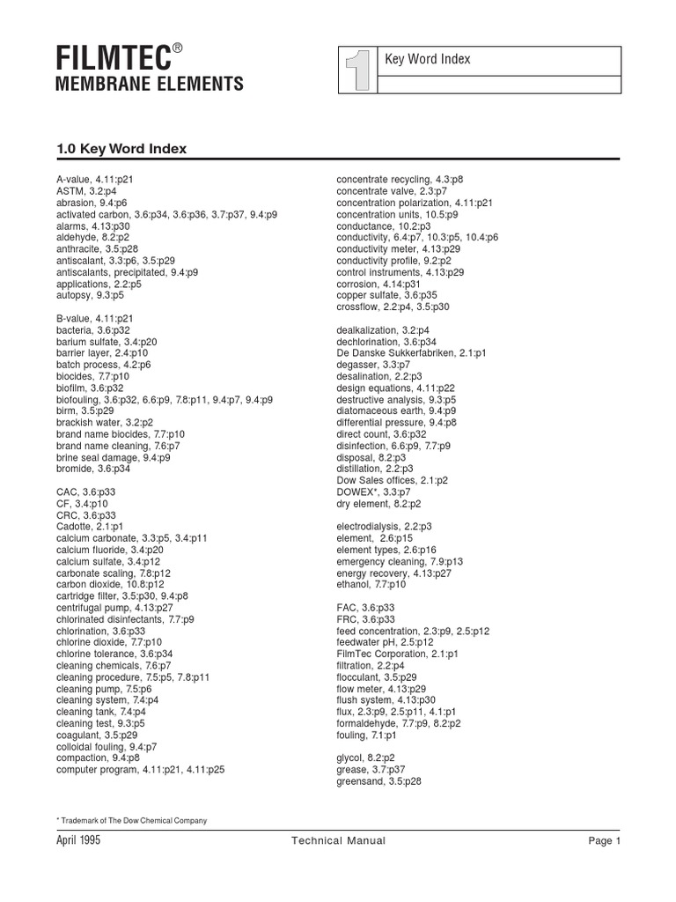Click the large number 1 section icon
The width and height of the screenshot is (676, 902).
click(x=356, y=70)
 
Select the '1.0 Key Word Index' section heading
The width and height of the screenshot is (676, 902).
click(x=121, y=149)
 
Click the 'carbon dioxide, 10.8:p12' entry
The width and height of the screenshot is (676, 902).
click(x=110, y=584)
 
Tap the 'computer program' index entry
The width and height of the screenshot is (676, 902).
click(x=140, y=769)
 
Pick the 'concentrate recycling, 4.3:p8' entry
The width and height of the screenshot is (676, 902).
click(x=400, y=180)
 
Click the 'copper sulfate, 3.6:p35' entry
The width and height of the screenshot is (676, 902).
click(x=386, y=295)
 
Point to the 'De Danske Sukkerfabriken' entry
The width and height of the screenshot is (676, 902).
click(x=411, y=352)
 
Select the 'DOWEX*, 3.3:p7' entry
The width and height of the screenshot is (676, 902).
click(x=373, y=492)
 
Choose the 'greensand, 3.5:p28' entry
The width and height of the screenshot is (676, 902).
click(x=378, y=780)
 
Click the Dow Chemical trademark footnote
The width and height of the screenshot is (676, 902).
click(x=132, y=821)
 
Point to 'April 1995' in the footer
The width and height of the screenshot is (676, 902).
click(x=78, y=841)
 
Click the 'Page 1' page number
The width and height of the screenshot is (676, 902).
click(x=605, y=841)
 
